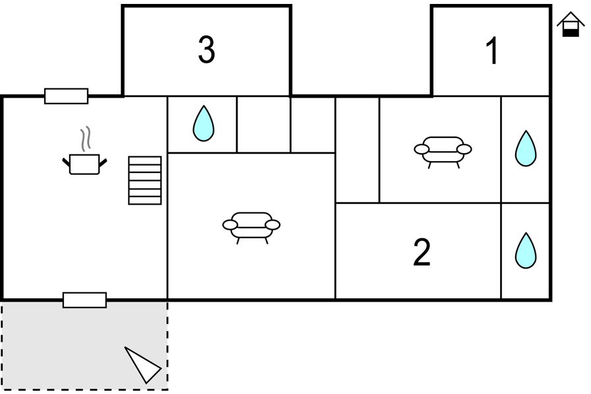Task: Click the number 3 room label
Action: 206,49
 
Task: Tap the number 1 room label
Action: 492,51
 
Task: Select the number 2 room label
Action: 421,252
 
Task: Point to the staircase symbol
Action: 144,180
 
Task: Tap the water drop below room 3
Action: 204,123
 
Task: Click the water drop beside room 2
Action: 526,251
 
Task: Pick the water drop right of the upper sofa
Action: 526,148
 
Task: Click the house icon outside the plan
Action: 571,24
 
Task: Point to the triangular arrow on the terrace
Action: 142,364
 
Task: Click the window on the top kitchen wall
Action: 67,96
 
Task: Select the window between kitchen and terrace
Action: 85,300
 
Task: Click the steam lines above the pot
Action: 86,139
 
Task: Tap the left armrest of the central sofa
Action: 230,224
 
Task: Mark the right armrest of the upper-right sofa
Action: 464,149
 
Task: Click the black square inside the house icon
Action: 571,33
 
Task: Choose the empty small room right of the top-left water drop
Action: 263,125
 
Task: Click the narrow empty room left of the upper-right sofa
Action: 358,150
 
